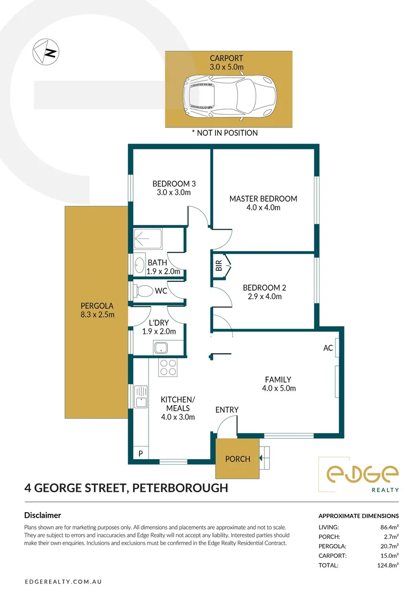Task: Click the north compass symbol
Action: click(46, 52)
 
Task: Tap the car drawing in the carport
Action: click(230, 98)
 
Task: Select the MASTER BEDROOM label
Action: click(263, 199)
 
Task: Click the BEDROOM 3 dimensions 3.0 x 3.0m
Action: click(174, 193)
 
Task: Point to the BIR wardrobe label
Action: click(219, 265)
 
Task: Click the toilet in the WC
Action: click(142, 291)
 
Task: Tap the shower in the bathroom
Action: click(148, 239)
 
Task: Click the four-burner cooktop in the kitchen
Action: click(168, 367)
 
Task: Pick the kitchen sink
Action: click(141, 397)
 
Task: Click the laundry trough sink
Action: click(161, 348)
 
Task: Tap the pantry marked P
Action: click(140, 453)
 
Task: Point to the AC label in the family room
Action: click(328, 348)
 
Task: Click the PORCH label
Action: click(237, 459)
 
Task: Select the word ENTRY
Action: click(227, 409)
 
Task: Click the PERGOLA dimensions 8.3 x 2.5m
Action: click(97, 315)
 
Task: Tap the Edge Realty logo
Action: click(362, 475)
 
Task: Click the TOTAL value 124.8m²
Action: click(387, 565)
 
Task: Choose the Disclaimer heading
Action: click(43, 515)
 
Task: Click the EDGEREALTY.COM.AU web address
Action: click(63, 582)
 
